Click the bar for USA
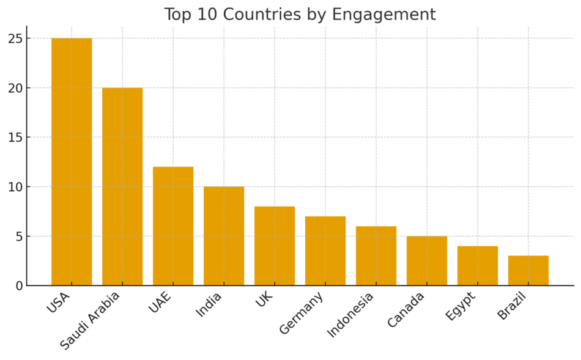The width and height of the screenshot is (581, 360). coord(72,162)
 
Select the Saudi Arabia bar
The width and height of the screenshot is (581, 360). coord(122,186)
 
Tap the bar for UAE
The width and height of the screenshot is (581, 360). coord(173,226)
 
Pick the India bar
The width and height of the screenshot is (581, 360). coord(224,236)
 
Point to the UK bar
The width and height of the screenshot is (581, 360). coord(275,246)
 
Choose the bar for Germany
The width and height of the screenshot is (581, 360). coord(325,251)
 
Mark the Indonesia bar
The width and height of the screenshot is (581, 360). coord(376,255)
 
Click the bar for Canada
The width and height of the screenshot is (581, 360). coord(427,260)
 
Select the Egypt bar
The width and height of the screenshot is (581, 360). coord(478,265)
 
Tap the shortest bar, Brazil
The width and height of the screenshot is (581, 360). coord(528,270)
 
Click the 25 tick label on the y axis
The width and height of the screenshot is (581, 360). coord(15,39)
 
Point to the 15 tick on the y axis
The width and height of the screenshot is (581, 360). coord(15,138)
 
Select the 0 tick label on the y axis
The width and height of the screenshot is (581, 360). coord(19,285)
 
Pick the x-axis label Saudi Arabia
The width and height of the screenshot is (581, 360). coord(91,320)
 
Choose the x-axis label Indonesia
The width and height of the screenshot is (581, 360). coord(350,314)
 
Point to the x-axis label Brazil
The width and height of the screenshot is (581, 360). coord(512,306)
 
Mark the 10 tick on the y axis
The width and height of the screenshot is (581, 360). coord(15,187)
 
